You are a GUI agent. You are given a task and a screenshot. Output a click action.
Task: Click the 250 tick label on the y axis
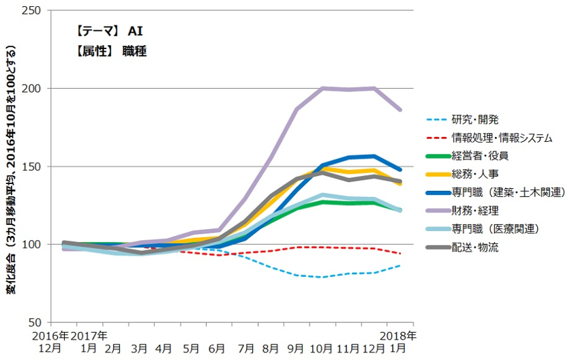click(32, 11)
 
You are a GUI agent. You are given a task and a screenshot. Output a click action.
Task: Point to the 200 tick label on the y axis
click(32, 89)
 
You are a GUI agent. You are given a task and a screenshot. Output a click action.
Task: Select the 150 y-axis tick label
click(32, 166)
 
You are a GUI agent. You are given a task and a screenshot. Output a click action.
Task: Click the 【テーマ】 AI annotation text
click(110, 31)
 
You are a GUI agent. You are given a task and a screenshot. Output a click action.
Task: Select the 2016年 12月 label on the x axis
click(51, 342)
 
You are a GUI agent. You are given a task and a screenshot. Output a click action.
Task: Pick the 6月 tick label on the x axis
click(216, 348)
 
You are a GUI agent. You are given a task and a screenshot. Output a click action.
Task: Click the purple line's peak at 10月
click(322, 88)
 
